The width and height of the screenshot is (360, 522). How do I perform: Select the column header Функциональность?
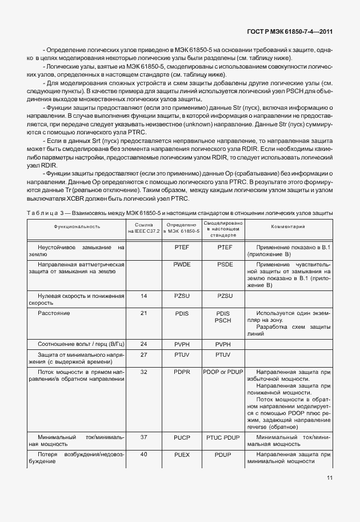click(77, 226)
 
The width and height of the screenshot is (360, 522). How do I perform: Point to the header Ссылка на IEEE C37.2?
click(143, 227)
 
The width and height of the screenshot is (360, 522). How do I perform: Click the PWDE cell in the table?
click(182, 265)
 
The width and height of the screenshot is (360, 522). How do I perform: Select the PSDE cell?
click(223, 265)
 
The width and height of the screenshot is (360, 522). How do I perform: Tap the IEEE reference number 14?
click(143, 296)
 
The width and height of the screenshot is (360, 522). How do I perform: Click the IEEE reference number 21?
click(143, 313)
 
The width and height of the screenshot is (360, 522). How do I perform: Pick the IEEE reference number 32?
click(143, 372)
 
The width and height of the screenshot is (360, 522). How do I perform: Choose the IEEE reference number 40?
click(143, 454)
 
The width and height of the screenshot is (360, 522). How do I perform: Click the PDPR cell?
click(182, 372)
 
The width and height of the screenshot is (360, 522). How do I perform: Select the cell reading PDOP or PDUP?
click(223, 372)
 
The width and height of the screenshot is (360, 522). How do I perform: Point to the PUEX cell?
click(182, 454)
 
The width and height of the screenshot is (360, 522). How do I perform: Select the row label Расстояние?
click(54, 313)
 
